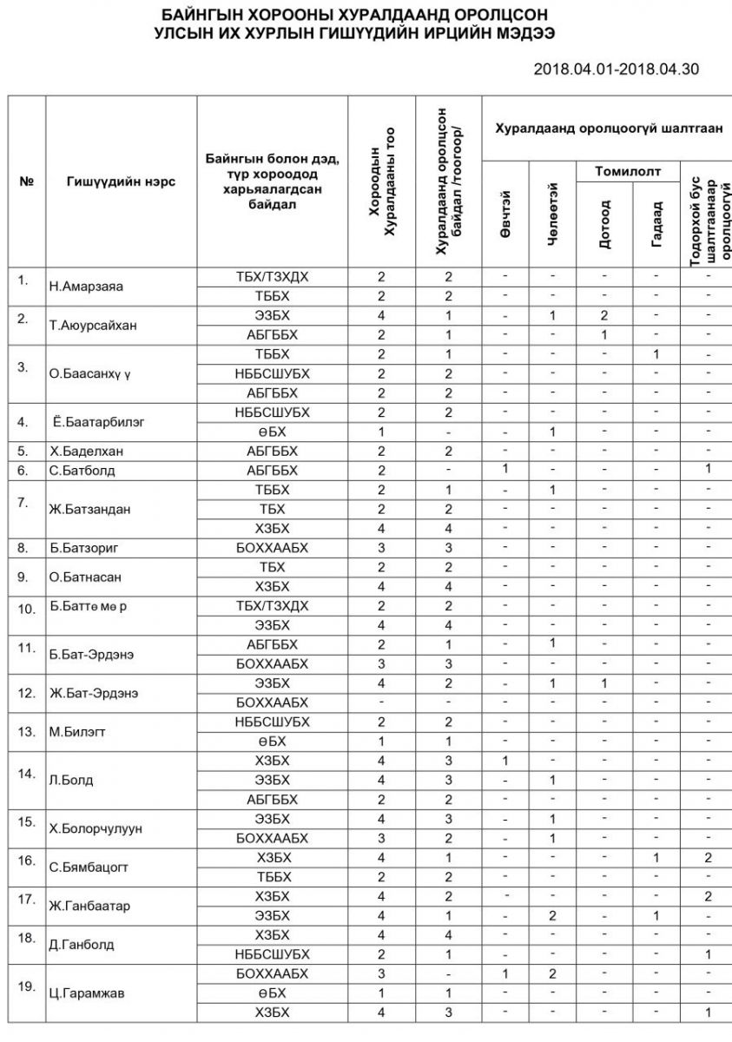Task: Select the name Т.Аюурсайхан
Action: click(x=92, y=326)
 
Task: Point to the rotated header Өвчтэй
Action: click(x=505, y=214)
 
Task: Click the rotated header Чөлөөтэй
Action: click(x=552, y=214)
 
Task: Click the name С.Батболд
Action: click(x=82, y=471)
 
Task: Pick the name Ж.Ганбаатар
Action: click(x=89, y=906)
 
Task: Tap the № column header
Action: click(x=26, y=181)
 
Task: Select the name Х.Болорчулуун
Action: click(x=96, y=828)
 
